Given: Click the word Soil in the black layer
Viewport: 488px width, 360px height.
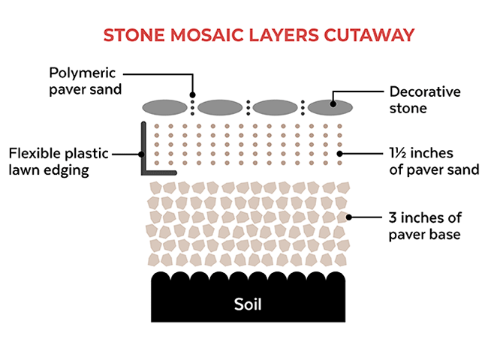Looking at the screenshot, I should click(248, 305).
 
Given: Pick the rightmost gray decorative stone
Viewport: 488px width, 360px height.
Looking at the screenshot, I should click(331, 106).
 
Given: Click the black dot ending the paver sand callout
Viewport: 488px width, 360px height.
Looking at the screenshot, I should click(339, 154).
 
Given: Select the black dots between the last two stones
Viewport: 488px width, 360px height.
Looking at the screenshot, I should click(303, 106).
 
